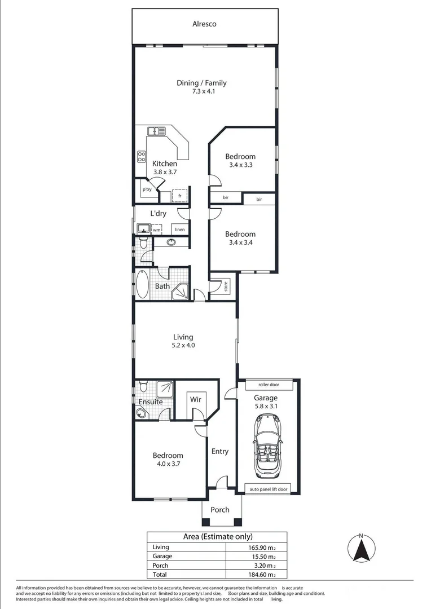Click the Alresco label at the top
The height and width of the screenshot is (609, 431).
tap(204, 24)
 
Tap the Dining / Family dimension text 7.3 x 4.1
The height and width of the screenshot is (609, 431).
tap(201, 92)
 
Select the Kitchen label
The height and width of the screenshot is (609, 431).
tap(165, 164)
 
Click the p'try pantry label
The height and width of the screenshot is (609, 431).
tap(147, 190)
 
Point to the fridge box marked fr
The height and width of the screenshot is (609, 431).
tap(179, 196)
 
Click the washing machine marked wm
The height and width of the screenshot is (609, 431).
tap(156, 230)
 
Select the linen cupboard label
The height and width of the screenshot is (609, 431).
tap(179, 230)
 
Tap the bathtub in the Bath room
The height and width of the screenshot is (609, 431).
tap(142, 285)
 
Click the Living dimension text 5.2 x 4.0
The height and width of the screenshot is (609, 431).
tap(183, 346)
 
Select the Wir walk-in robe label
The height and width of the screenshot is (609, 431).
tap(195, 399)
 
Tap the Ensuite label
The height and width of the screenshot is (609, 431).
tap(151, 402)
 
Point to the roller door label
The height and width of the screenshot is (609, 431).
tap(269, 385)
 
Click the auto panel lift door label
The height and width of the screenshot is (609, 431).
tap(269, 489)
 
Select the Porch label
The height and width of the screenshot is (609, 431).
tap(220, 510)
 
